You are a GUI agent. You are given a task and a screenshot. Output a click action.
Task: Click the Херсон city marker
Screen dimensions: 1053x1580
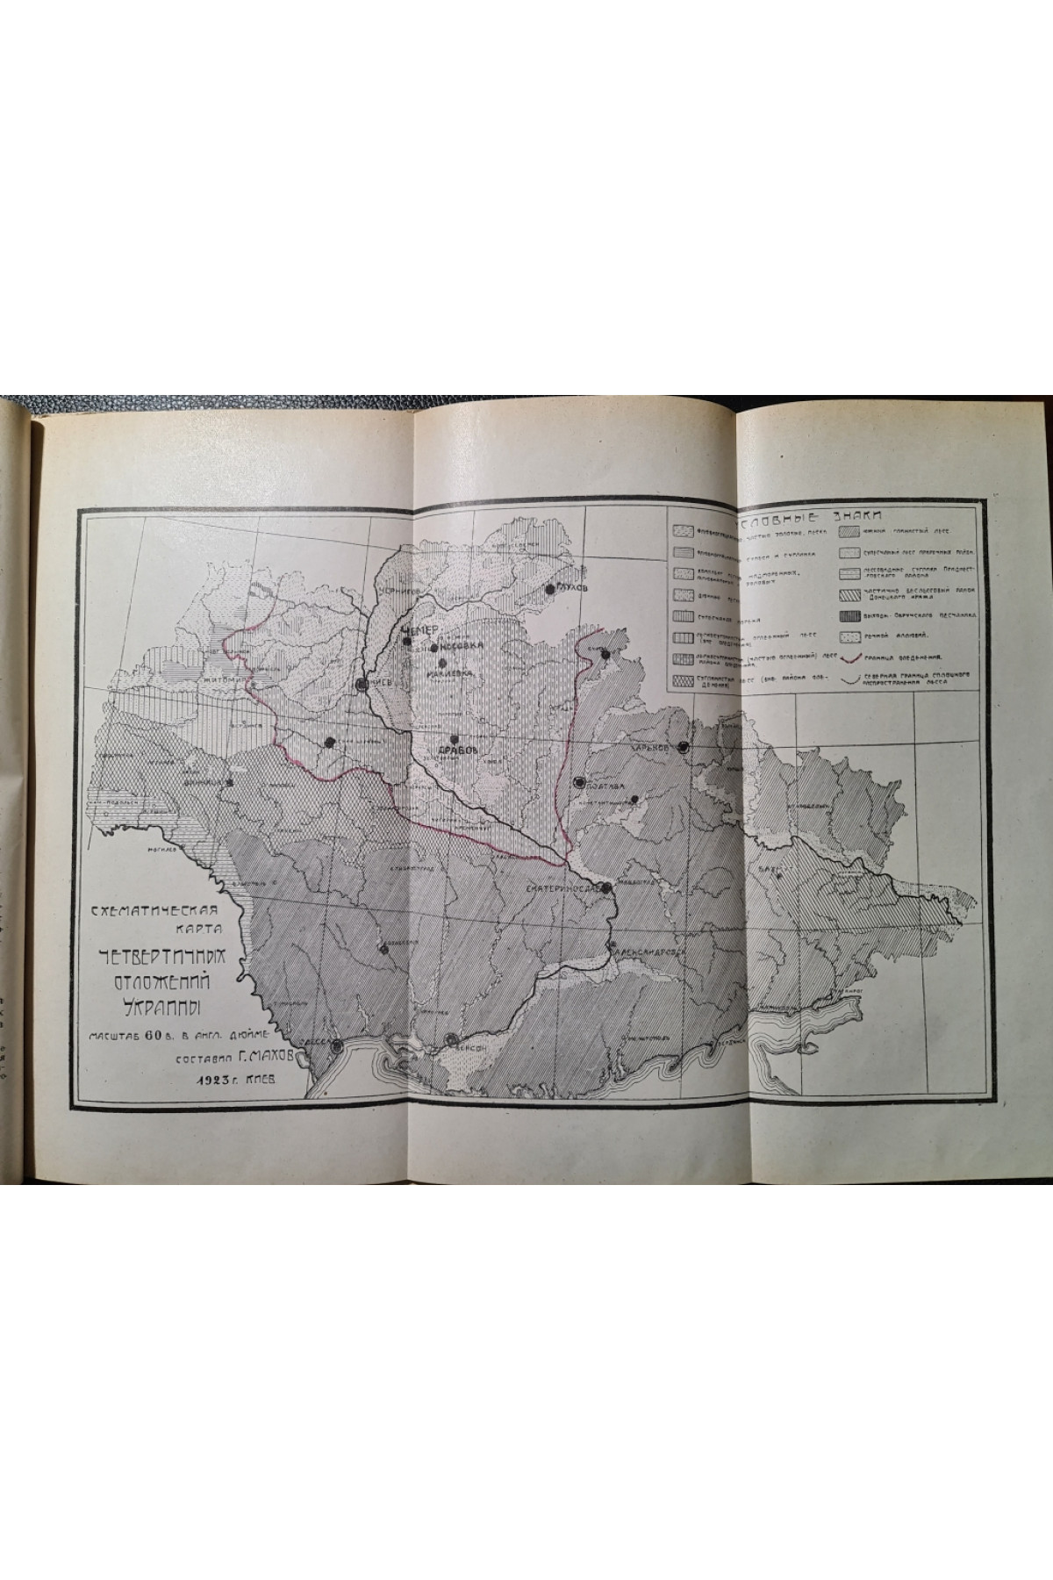[451, 1038]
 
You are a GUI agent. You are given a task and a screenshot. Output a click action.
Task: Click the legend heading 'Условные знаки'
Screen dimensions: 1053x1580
[825, 517]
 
